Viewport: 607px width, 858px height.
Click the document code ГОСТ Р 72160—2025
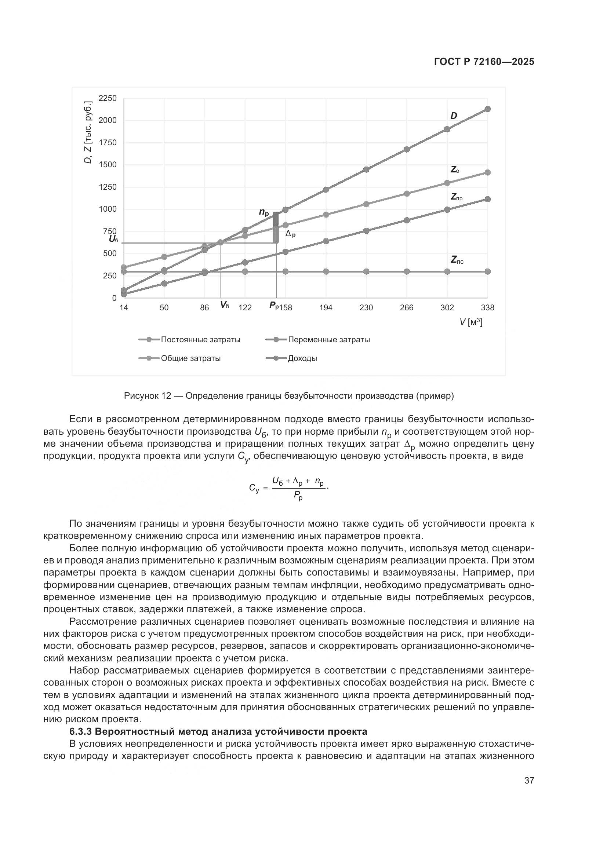(x=484, y=62)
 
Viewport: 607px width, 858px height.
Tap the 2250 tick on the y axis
(x=108, y=98)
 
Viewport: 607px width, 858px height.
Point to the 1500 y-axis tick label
(x=108, y=165)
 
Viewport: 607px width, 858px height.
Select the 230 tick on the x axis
(x=366, y=307)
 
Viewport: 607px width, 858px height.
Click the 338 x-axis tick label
(x=487, y=307)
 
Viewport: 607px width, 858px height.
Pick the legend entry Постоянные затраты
(x=200, y=340)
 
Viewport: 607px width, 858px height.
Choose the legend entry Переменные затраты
(x=328, y=340)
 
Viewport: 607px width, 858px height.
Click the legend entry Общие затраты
(x=190, y=358)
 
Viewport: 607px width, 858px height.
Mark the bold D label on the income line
(x=454, y=116)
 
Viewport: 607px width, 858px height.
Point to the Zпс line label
(x=457, y=260)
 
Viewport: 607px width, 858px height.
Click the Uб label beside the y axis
(x=113, y=239)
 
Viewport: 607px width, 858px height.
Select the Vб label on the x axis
(x=224, y=305)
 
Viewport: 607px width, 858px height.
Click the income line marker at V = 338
(x=487, y=109)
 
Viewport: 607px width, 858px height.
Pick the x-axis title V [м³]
(x=470, y=322)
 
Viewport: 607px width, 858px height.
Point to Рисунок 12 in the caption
(x=147, y=396)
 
